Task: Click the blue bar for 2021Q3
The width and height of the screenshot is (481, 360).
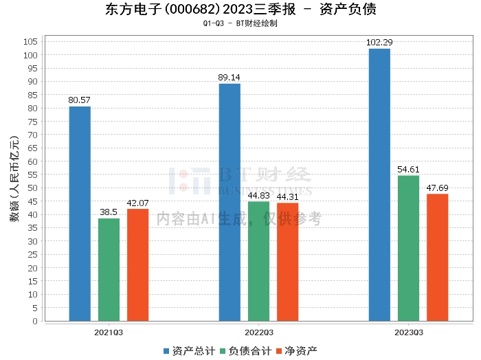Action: tap(80, 213)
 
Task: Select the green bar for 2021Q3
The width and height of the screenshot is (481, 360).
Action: tap(109, 269)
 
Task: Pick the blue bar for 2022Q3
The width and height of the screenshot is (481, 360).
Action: tap(230, 202)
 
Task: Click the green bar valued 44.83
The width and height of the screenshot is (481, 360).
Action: tap(258, 261)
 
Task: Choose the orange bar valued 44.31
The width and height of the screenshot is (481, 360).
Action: tap(287, 262)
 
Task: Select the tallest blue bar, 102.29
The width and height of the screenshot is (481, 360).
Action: tap(379, 184)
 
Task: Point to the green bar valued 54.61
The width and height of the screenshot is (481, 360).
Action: tap(408, 248)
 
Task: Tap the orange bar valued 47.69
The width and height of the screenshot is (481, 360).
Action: tap(437, 257)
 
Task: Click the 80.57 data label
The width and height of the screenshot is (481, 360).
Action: tap(80, 100)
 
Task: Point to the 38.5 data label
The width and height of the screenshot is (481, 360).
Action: tap(109, 212)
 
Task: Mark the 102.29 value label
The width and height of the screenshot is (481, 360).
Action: tap(379, 43)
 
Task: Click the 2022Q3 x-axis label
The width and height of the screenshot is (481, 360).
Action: tap(258, 332)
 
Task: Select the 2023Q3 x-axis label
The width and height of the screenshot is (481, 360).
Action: tap(408, 332)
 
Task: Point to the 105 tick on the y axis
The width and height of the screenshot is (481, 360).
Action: tap(30, 41)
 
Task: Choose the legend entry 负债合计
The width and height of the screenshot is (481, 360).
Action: tap(244, 350)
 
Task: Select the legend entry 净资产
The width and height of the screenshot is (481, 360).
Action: tap(296, 350)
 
